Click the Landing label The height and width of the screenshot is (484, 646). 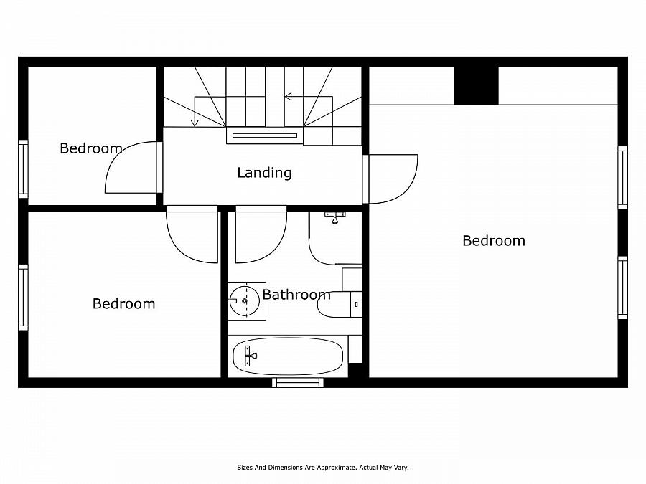point(264,173)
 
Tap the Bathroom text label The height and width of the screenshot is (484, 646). point(296,295)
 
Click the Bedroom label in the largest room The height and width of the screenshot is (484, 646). point(493,241)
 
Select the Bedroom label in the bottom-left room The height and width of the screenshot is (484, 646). point(123,304)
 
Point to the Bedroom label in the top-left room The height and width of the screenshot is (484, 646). point(90,149)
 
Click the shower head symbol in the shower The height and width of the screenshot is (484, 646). point(334,217)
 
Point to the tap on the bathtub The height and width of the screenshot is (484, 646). point(250,355)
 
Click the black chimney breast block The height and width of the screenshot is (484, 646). point(476,86)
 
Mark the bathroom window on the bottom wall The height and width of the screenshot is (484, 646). point(298,382)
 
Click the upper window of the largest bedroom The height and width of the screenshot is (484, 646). point(622,177)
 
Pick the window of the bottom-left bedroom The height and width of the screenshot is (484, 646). point(23,297)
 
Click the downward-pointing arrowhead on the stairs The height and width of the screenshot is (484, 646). point(195,123)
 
